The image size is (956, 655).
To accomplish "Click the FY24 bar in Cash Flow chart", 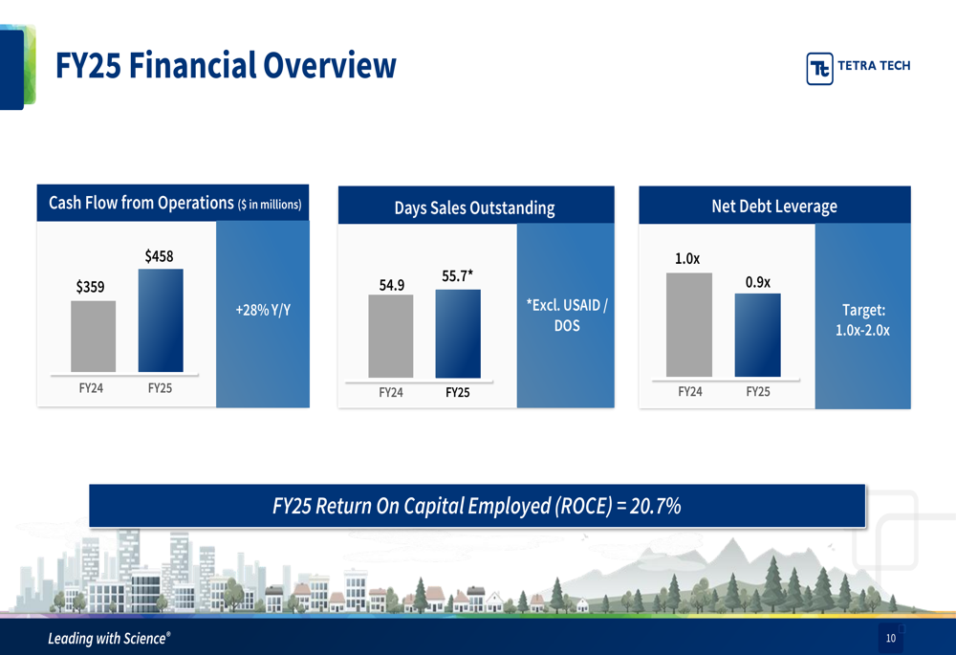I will [x=93, y=337].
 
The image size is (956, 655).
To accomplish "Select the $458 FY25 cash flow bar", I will [x=161, y=320].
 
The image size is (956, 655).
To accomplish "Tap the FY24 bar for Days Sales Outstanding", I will [x=390, y=336].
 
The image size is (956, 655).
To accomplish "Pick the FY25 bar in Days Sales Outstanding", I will [x=458, y=334].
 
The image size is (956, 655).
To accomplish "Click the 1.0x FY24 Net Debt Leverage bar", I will [x=689, y=325].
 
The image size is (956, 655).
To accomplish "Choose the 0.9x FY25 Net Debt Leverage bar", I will [x=757, y=335].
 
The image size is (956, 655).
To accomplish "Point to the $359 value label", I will [x=91, y=286].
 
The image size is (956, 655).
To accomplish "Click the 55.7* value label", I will [x=458, y=275].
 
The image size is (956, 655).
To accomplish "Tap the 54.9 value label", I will [x=391, y=284].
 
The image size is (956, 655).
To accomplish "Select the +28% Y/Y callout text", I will [x=262, y=310].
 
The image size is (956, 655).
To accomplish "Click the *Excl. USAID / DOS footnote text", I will [x=567, y=316].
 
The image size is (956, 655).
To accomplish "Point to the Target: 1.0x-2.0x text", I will [x=863, y=320].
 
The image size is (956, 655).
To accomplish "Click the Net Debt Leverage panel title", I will [x=773, y=206].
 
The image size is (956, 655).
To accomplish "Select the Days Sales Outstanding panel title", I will [x=474, y=207].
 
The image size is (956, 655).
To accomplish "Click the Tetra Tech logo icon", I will [x=819, y=67].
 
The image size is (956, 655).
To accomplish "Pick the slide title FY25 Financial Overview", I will [x=225, y=65].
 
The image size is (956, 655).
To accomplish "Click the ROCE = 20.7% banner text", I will [x=476, y=506].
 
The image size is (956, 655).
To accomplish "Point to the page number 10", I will [x=890, y=639].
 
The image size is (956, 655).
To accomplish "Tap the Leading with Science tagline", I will [x=110, y=638].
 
